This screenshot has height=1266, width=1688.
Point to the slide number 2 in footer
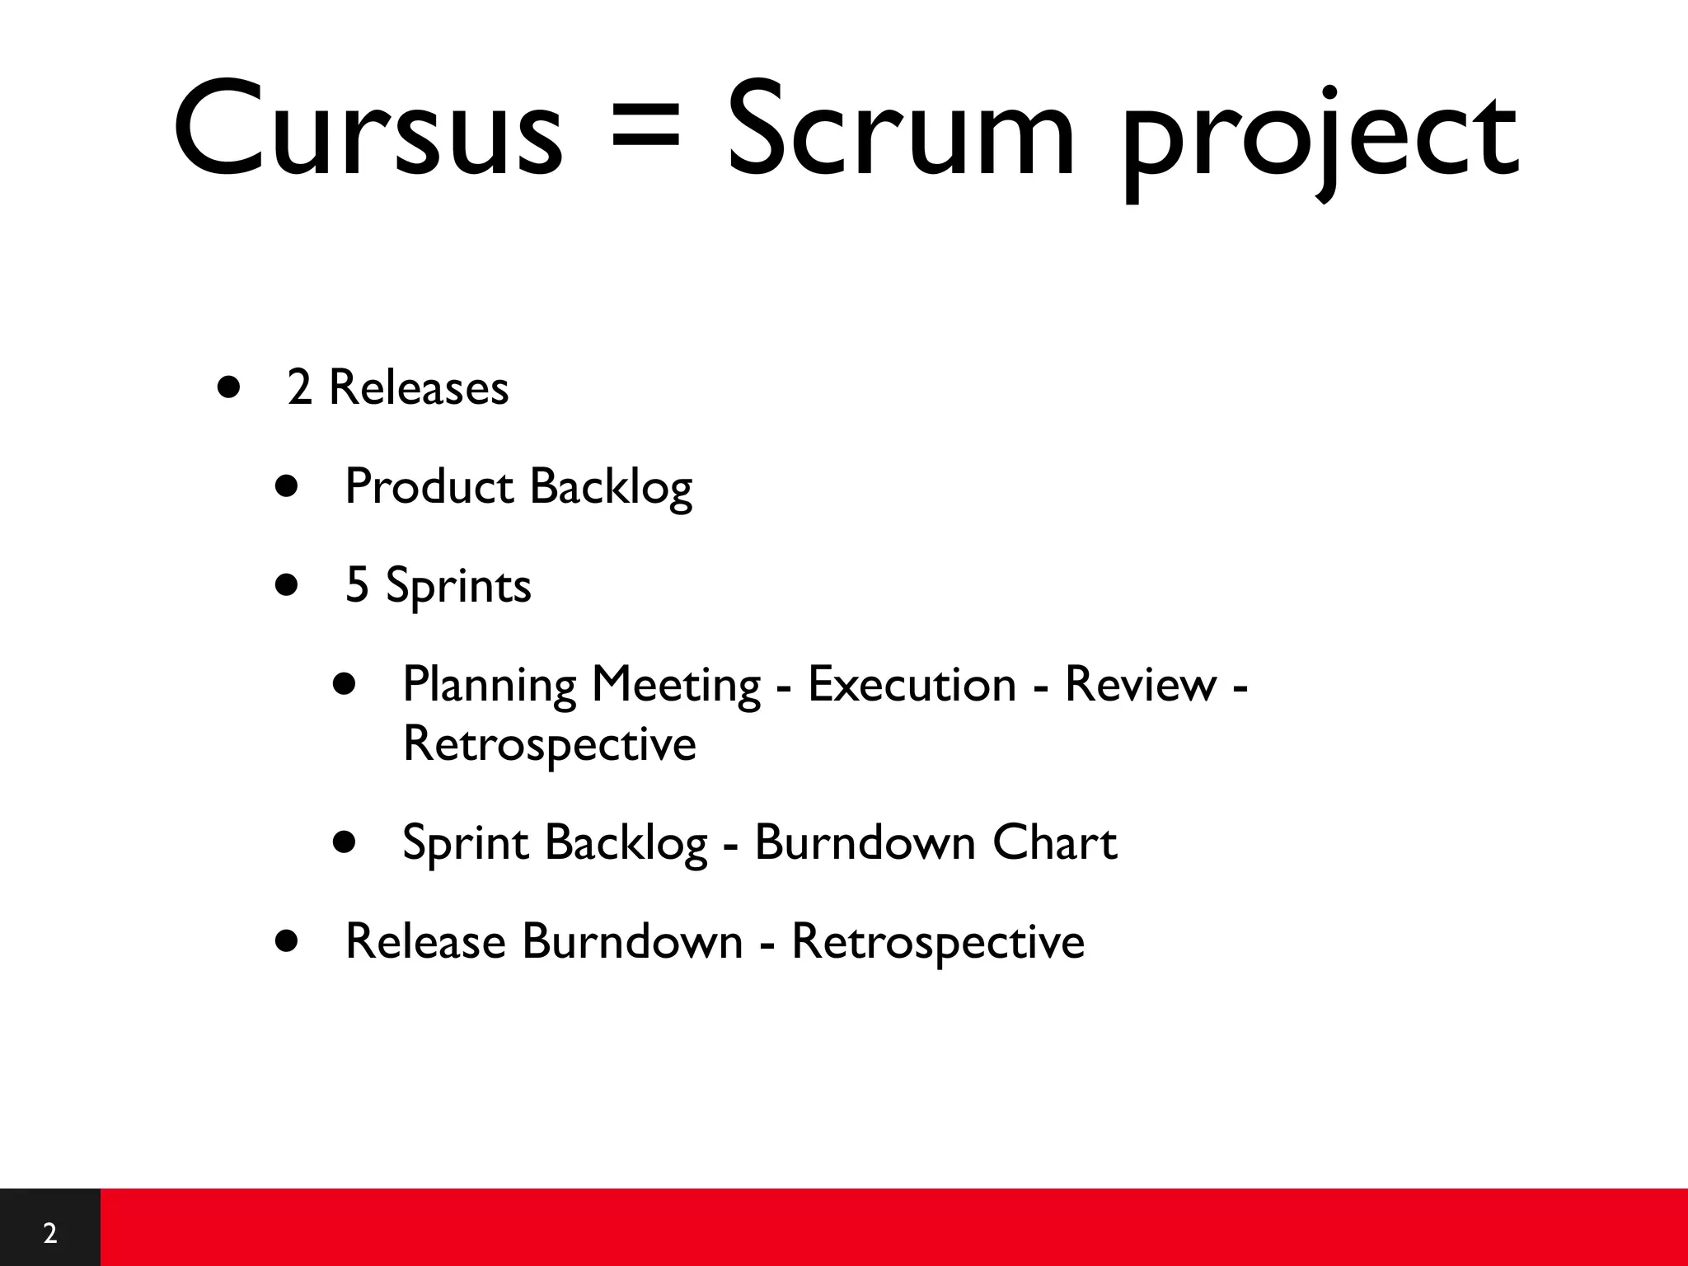coord(49,1233)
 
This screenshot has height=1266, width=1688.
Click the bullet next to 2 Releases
coord(229,387)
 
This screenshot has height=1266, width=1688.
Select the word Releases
coord(418,387)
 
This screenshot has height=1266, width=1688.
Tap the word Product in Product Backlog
coord(429,486)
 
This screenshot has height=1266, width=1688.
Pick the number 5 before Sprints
coord(356,585)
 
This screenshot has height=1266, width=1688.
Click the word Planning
coord(490,686)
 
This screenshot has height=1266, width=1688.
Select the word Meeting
coord(676,686)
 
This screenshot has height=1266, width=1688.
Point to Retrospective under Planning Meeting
coord(549,744)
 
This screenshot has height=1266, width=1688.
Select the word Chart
coord(1054,842)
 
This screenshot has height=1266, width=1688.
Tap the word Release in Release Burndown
coord(424,941)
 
